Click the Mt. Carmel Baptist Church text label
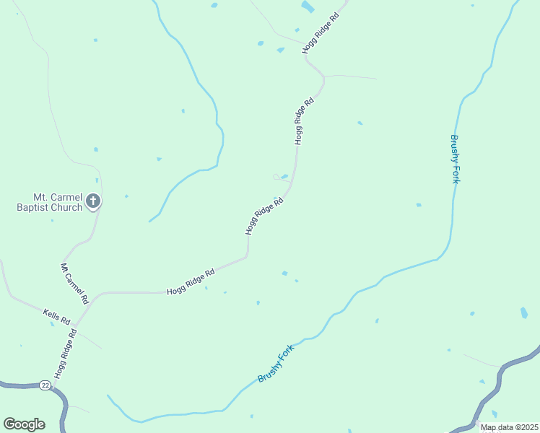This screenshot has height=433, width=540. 49,201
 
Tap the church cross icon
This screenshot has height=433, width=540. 92,201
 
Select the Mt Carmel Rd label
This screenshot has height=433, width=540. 74,283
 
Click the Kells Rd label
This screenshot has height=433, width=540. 56,315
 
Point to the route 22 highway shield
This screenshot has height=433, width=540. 45,385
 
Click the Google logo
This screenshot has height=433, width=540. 24,424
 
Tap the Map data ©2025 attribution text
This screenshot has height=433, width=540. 509,427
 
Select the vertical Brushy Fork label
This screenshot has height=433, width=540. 455,159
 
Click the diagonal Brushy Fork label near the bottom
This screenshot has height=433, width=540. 276,364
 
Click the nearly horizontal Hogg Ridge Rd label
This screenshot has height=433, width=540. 191,281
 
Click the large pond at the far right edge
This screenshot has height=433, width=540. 524,313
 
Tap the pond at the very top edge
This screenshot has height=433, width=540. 308,6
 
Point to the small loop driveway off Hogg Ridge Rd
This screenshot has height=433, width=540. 277,176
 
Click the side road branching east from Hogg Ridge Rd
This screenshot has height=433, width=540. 350,76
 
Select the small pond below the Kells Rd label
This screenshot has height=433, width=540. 52,324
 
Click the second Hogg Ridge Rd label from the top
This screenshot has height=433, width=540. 304,121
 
